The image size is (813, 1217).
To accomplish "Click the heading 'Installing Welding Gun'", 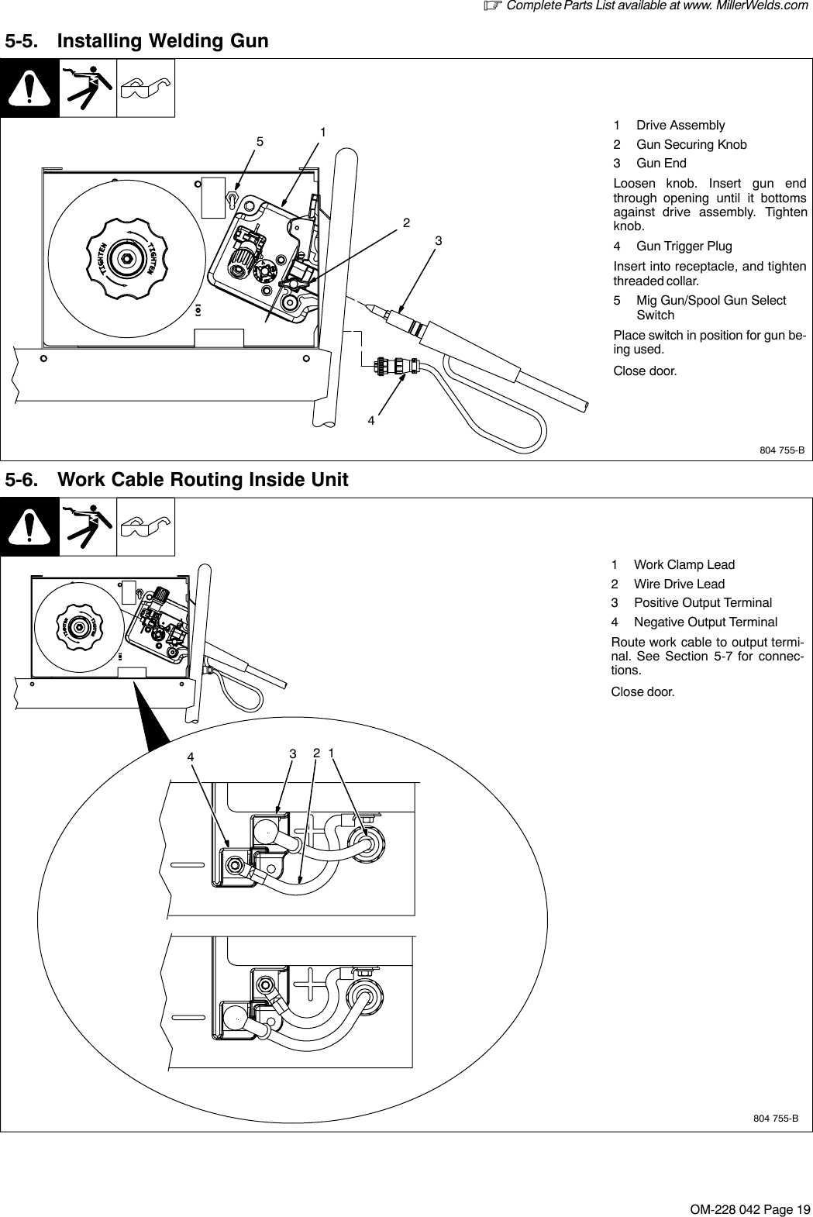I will [x=164, y=41].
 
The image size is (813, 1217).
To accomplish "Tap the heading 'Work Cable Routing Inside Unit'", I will [x=203, y=481].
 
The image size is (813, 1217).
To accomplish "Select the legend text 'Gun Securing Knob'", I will [x=691, y=144].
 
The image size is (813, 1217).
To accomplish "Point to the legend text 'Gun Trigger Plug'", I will [x=684, y=247].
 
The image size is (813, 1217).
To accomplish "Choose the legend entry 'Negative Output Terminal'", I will [x=705, y=622].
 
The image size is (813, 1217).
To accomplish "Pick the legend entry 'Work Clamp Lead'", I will [x=684, y=565].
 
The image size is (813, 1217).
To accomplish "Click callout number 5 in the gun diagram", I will [x=260, y=143].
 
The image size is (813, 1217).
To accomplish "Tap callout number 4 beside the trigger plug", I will [x=371, y=422].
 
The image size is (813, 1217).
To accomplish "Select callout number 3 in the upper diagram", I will [x=438, y=241].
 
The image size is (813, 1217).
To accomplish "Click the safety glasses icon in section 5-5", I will [x=146, y=88].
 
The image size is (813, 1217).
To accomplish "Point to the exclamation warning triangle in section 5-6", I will [x=29, y=527].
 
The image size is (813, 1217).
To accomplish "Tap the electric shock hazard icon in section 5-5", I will [x=88, y=88].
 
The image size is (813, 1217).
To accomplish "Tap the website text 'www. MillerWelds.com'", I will [x=742, y=6].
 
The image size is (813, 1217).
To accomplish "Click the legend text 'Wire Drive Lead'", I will [x=679, y=584].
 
